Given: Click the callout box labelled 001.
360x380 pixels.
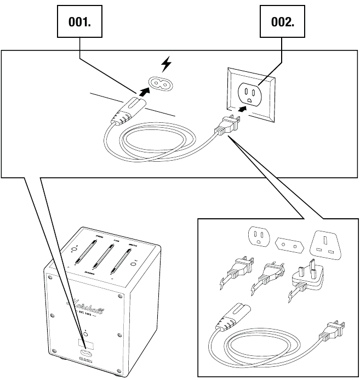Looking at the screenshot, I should coord(80,22).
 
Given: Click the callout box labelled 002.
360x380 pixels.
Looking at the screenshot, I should coord(283,22).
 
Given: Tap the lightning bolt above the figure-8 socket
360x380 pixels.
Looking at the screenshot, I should coord(165,66).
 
